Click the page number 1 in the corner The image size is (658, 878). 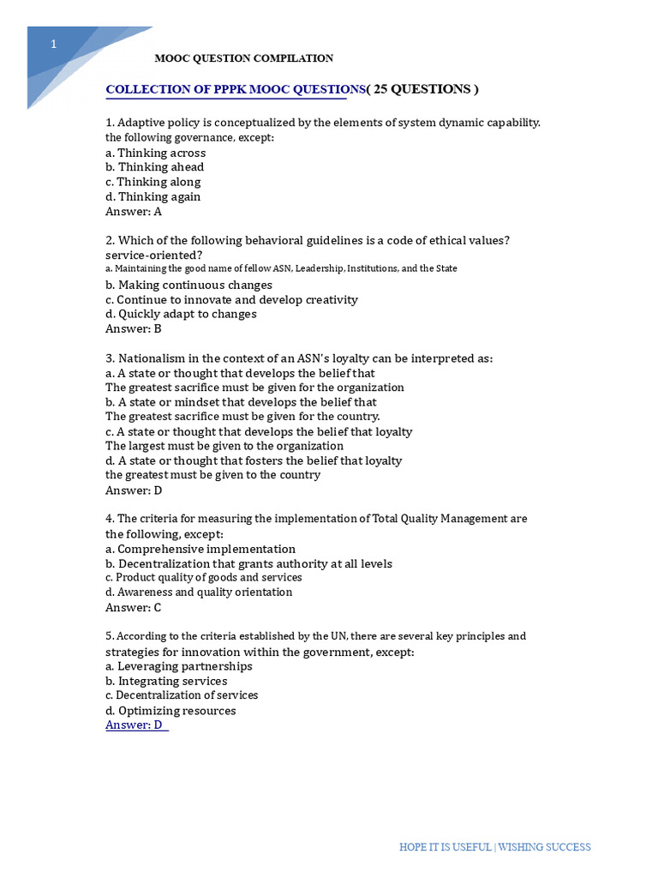click(53, 45)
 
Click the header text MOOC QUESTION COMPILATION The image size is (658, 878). click(243, 58)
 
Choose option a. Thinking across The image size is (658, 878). click(155, 153)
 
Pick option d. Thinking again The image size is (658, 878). click(153, 196)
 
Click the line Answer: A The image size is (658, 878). click(133, 211)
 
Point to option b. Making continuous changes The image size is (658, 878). click(188, 285)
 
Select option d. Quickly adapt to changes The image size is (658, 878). click(181, 314)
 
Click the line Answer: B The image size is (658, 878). click(133, 328)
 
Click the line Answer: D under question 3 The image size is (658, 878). click(133, 490)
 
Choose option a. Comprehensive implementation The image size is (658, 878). click(200, 549)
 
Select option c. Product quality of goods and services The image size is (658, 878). click(203, 578)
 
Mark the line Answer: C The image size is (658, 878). click(133, 607)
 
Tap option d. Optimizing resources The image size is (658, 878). click(170, 710)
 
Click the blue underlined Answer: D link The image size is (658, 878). click(135, 725)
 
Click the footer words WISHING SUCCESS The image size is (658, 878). click(545, 847)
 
